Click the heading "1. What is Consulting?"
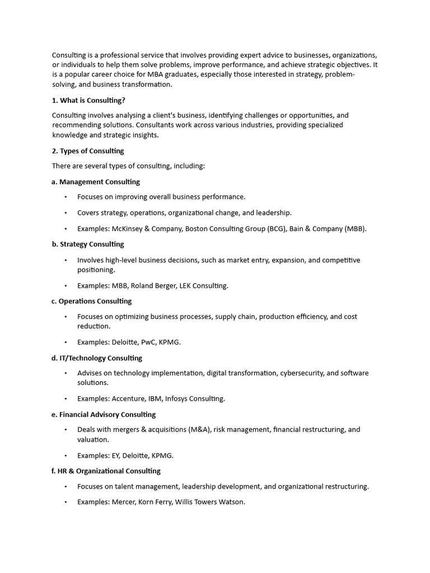(88, 100)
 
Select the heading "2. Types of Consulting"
(88, 151)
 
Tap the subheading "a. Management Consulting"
(96, 181)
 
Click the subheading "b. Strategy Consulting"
(88, 244)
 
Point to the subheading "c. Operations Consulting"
(92, 300)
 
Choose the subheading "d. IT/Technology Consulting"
(97, 358)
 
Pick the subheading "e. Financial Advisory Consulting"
(104, 414)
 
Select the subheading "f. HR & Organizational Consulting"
(106, 471)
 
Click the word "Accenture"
(129, 398)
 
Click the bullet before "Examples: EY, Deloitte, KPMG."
(66, 455)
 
